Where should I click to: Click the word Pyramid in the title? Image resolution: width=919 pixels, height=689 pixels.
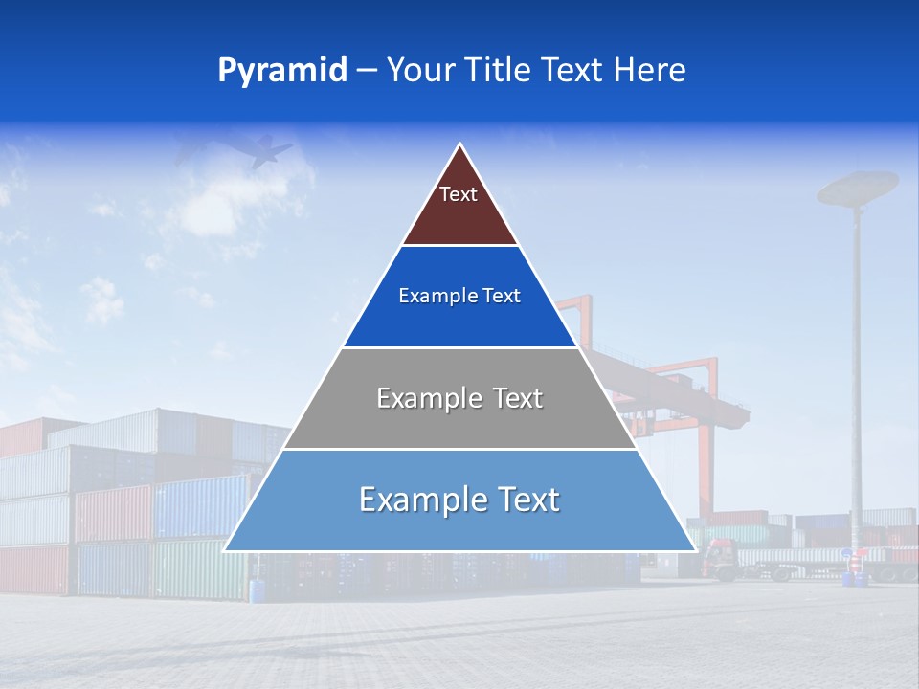pos(282,71)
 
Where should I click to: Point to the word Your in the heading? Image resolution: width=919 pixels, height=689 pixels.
pos(419,71)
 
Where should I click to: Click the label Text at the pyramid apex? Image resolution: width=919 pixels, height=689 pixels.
pos(459,194)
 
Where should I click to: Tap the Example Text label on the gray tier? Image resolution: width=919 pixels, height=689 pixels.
pos(459,398)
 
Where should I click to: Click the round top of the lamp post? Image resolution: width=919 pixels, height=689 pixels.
pos(858,187)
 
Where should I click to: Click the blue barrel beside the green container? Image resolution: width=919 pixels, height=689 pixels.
pos(257,589)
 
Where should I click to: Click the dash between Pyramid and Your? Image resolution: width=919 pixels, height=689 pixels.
pos(366,71)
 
